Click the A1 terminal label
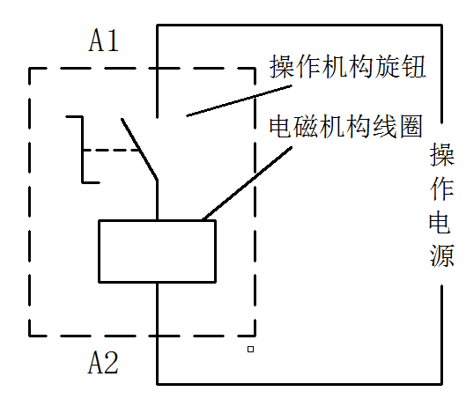pos(103,41)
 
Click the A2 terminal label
pos(103,362)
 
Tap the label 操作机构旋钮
pos(347,66)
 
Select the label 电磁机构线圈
pos(346,126)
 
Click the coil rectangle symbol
pos(157,220)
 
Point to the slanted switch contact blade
pos(139,149)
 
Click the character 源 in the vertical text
pos(441,255)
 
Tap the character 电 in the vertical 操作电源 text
pos(440,222)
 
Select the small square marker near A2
pos(250,349)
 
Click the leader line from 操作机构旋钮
pos(240,100)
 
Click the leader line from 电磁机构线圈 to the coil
pos(247,183)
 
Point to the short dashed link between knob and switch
pos(112,151)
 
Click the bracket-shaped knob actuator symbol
pos(82,150)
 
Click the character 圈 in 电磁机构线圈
pos(411,126)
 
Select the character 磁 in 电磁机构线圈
pos(307,126)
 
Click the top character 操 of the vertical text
pos(442,154)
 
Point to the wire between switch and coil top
pos(157,200)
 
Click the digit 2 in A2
pos(112,363)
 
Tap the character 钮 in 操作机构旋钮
pos(413,66)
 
